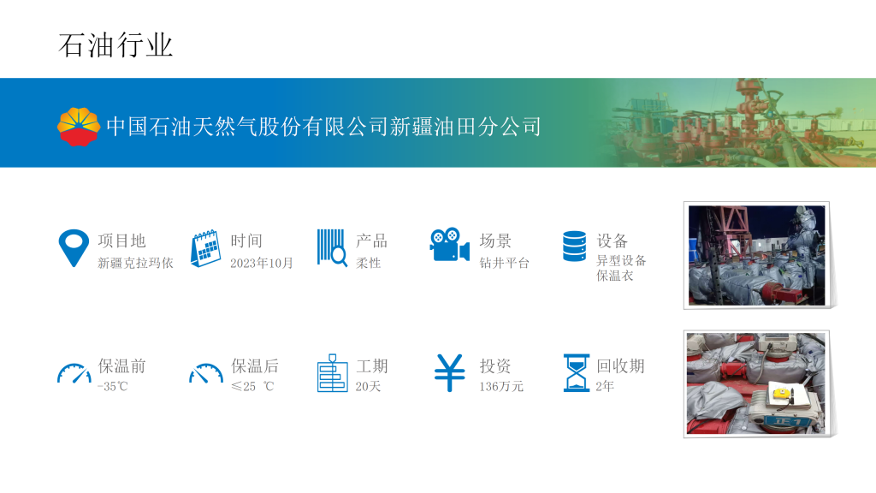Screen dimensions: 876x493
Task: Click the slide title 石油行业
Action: tap(115, 45)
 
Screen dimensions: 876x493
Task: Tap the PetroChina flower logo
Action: tap(79, 127)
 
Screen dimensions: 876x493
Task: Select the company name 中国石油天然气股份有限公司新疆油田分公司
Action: tap(323, 127)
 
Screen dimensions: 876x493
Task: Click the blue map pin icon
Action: tap(74, 247)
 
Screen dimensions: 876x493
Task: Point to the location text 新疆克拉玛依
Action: tap(135, 264)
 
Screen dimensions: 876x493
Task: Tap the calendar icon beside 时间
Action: tap(205, 248)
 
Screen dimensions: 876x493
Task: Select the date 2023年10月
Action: tap(262, 264)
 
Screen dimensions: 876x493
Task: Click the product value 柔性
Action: tap(368, 264)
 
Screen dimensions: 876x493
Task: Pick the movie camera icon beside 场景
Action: tap(450, 244)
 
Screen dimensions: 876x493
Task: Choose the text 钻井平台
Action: tap(504, 264)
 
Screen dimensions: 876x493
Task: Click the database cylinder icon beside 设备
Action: tap(574, 246)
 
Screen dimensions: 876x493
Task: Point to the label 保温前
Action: tap(121, 366)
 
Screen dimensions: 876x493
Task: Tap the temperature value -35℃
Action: tap(112, 386)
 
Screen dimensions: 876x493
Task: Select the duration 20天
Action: tap(368, 386)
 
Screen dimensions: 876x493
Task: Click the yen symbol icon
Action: tap(450, 373)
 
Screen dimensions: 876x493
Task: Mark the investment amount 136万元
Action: tap(501, 386)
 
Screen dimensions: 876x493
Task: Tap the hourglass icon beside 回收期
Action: tap(577, 373)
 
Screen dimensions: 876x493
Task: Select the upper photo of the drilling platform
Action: tap(756, 255)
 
